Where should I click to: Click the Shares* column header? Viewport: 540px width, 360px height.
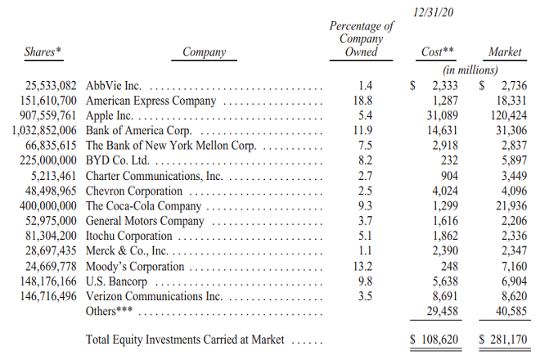(x=43, y=52)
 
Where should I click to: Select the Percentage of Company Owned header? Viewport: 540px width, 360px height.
(x=361, y=38)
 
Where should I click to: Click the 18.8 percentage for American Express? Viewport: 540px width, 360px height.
(x=365, y=101)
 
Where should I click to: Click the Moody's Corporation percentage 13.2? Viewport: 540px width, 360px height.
(x=365, y=267)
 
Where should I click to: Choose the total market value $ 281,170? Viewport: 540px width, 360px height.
(x=498, y=338)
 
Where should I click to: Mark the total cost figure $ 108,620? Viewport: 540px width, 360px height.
(x=434, y=338)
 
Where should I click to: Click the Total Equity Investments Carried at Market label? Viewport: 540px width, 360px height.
(x=189, y=339)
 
